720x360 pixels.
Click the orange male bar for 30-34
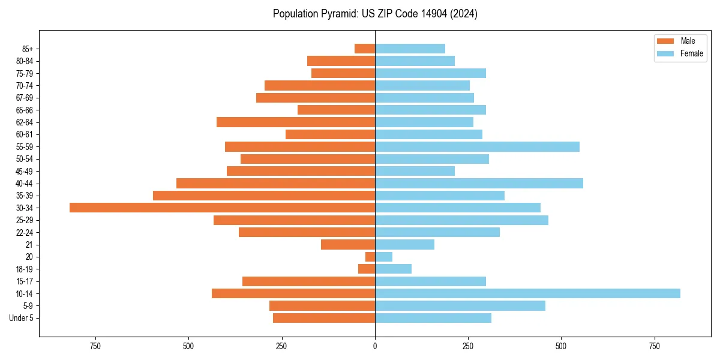[x=222, y=208]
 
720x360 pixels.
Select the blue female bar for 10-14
[x=527, y=293]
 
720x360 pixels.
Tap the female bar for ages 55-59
[x=477, y=146]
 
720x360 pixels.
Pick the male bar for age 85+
[x=365, y=49]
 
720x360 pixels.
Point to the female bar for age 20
[x=384, y=257]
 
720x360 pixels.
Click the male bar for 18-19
[x=367, y=269]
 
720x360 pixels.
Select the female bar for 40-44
[x=479, y=183]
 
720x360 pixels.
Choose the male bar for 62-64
[x=296, y=122]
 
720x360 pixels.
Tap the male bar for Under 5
[x=324, y=318]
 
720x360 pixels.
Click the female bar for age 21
[x=404, y=244]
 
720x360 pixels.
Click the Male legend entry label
[x=688, y=41]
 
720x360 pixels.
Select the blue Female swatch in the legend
[x=665, y=53]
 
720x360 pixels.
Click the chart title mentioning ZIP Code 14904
[x=375, y=14]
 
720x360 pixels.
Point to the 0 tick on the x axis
[x=375, y=346]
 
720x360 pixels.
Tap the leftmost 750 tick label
[x=95, y=346]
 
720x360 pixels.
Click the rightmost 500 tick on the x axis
[x=561, y=346]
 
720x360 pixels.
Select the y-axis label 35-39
[x=24, y=196]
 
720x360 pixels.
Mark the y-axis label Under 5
[x=21, y=318]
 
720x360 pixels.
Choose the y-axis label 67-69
[x=24, y=98]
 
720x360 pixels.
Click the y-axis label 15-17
[x=24, y=281]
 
